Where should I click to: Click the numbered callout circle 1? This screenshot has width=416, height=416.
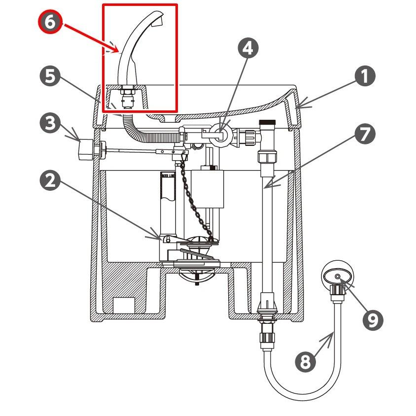[365, 76]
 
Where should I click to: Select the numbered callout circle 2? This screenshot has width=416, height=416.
[49, 181]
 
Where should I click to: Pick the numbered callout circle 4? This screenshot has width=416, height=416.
[248, 48]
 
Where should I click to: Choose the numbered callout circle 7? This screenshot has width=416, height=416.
[365, 135]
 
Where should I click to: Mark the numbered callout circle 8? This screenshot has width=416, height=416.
[306, 362]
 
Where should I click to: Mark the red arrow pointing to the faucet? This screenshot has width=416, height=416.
[91, 36]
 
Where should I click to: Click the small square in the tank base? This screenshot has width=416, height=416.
[124, 304]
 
